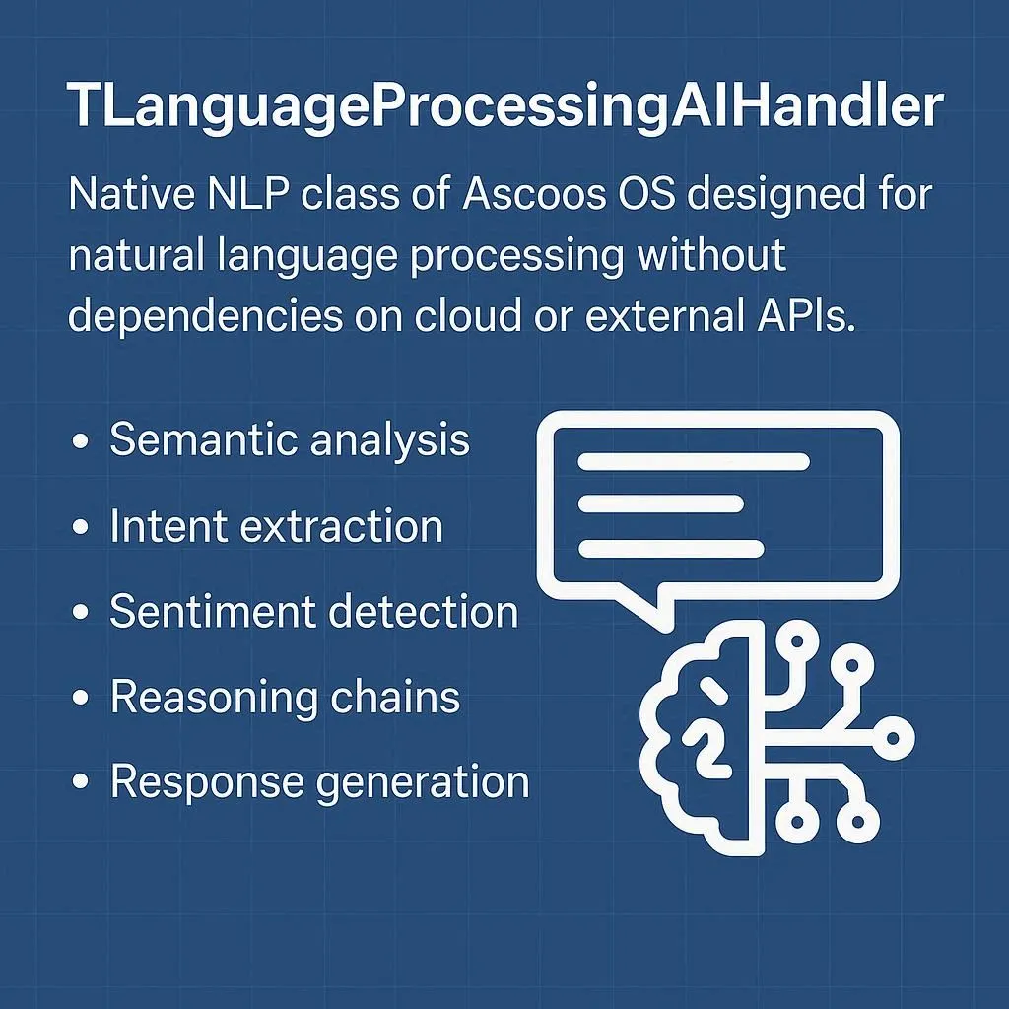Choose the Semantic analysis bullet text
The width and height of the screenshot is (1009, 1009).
pos(290,439)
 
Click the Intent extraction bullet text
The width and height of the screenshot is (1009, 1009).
pos(276,526)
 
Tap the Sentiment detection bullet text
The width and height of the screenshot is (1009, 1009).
pos(313,611)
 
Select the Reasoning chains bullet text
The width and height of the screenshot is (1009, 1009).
pos(285,697)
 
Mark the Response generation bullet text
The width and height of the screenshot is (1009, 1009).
pos(319,782)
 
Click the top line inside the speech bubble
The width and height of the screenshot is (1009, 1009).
pos(694,461)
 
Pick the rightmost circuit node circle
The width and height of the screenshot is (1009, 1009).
pos(896,736)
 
